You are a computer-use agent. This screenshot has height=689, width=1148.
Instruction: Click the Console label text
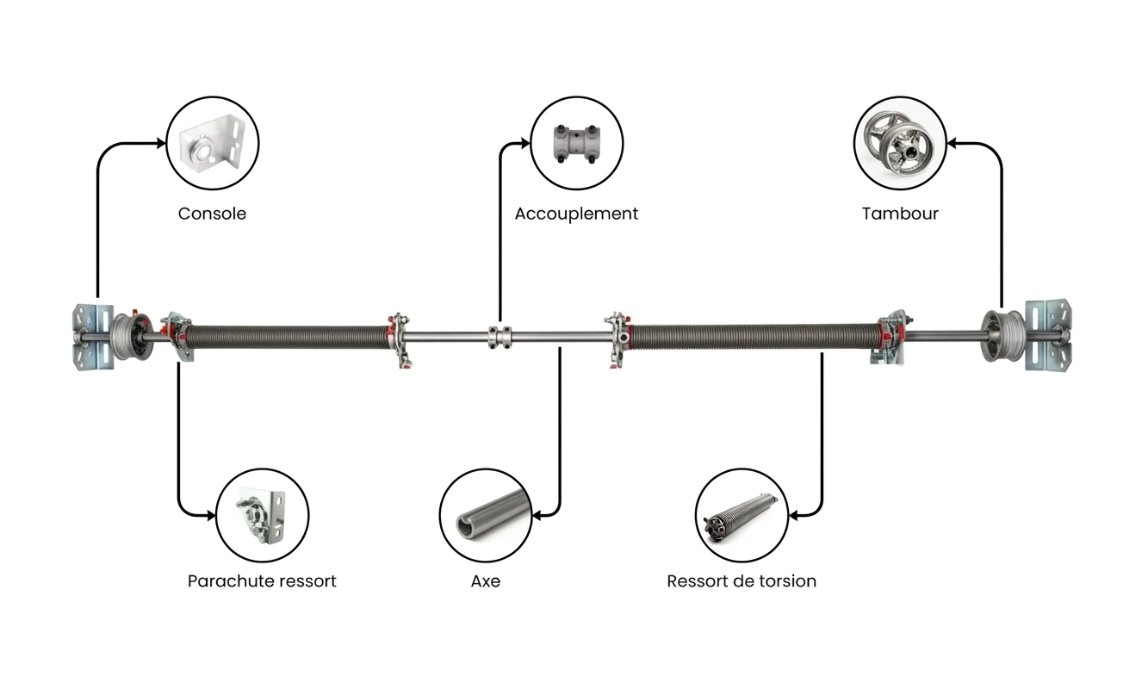tap(212, 214)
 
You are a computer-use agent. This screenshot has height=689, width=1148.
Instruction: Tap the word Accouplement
tap(576, 214)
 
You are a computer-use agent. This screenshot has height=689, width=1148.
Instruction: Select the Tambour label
tap(900, 214)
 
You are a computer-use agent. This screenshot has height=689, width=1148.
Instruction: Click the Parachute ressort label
tap(262, 581)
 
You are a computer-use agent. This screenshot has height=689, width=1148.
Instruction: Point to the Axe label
tap(485, 581)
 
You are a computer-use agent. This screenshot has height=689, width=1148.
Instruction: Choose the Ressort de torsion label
tap(742, 581)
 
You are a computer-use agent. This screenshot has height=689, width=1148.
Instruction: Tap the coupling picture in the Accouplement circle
tap(576, 143)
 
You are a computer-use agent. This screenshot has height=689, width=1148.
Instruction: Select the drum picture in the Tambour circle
tap(900, 143)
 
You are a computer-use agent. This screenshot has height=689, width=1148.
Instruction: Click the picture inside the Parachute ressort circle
tap(262, 515)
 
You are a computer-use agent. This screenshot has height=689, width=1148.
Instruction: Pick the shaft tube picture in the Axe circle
tap(486, 515)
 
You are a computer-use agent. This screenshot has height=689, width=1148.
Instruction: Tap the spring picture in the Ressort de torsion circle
tap(742, 515)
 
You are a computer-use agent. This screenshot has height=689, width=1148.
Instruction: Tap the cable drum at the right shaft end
tap(1001, 332)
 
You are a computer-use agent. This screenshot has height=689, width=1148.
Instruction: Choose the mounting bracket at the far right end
tap(1048, 336)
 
